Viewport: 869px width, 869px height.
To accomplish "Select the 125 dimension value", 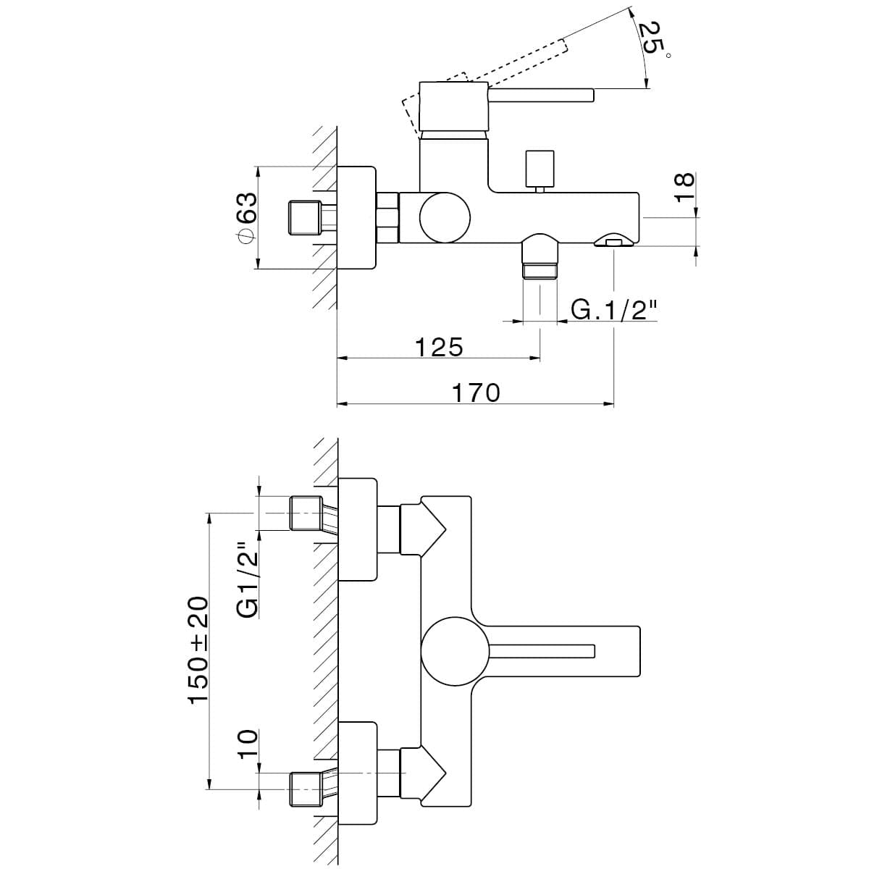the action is tap(439, 347).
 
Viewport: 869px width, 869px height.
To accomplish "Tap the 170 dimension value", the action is tap(476, 392).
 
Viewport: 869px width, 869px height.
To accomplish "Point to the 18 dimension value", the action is tap(684, 187).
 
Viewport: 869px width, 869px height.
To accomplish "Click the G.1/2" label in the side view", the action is tap(614, 310).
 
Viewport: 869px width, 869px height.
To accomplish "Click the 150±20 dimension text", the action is tap(199, 650).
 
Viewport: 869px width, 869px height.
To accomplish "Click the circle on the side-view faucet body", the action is tap(445, 218).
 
